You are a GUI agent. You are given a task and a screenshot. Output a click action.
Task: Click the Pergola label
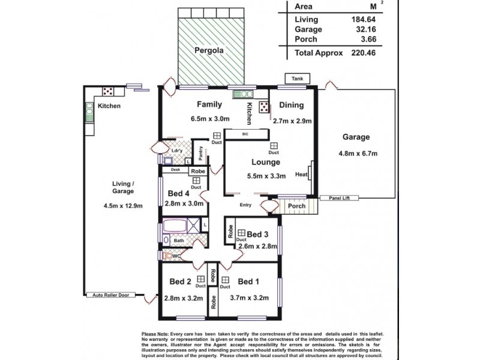(x=209, y=51)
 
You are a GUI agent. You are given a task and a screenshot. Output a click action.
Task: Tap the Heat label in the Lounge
(x=302, y=175)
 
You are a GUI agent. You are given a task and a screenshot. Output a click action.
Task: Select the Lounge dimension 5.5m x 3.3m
(x=266, y=176)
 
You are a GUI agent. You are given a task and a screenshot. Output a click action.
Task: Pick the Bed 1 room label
(x=248, y=281)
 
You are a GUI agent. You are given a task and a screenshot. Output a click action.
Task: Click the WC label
(x=176, y=256)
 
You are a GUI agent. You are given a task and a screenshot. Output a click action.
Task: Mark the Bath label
(x=179, y=241)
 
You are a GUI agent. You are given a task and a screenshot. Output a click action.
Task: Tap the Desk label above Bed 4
(x=175, y=170)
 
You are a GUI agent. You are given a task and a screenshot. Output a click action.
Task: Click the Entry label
(x=245, y=205)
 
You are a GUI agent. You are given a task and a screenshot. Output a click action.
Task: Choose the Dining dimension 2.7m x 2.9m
(x=292, y=121)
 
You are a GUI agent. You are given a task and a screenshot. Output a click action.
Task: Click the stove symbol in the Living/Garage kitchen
(x=109, y=91)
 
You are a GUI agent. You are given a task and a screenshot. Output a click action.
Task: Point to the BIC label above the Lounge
(x=245, y=134)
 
